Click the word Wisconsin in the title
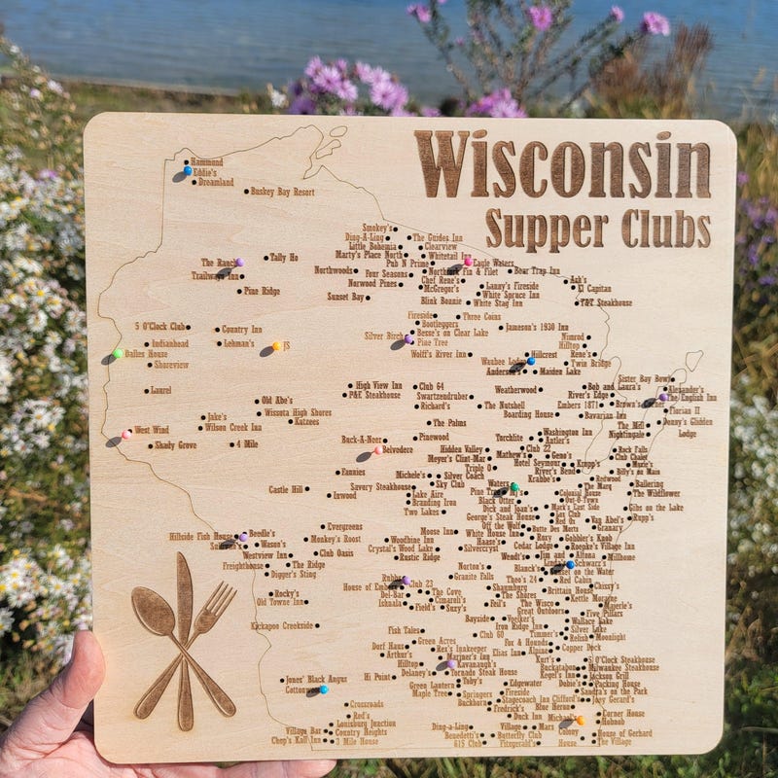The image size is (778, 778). click(x=562, y=165)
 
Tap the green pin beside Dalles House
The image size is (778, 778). click(x=118, y=354)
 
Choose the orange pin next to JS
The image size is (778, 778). click(x=276, y=345)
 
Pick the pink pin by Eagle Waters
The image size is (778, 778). click(x=468, y=262)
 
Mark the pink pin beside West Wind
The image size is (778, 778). click(x=126, y=434)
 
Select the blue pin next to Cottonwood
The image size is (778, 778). click(x=323, y=690)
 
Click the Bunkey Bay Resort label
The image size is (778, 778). click(x=283, y=192)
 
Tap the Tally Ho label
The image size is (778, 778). click(x=284, y=258)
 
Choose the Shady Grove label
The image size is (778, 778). click(x=175, y=445)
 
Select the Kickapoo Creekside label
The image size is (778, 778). click(x=282, y=626)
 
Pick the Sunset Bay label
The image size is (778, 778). click(x=345, y=296)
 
